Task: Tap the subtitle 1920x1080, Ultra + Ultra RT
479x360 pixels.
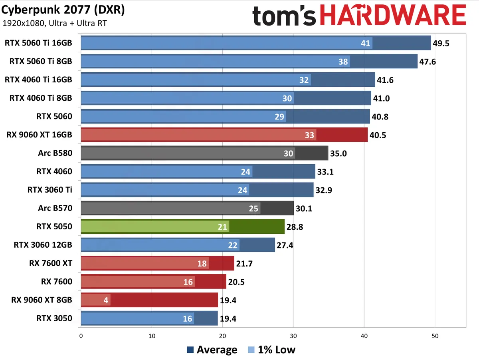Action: click(54, 23)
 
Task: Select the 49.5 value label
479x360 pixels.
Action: click(441, 43)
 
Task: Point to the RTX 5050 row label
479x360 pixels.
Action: click(54, 227)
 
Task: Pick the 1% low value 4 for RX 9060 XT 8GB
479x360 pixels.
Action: click(106, 300)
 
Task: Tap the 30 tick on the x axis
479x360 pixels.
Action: click(293, 336)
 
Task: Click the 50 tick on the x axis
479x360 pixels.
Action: click(435, 336)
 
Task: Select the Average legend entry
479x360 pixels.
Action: click(212, 350)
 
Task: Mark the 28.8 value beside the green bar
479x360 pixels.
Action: click(295, 227)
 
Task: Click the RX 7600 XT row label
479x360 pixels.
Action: click(51, 263)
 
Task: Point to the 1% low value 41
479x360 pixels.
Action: click(365, 43)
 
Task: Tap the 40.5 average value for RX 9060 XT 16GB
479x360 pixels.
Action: click(378, 135)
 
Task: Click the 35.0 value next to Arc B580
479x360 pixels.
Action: click(338, 153)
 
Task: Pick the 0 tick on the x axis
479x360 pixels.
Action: click(81, 336)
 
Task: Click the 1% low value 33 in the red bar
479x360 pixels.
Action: click(309, 135)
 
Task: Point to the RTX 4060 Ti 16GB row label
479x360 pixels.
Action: click(39, 80)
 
